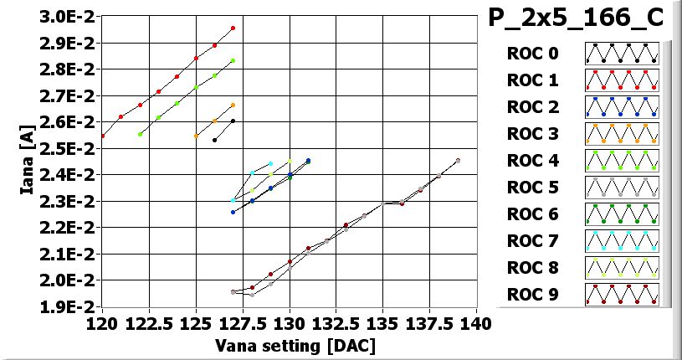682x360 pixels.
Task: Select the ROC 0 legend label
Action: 531,54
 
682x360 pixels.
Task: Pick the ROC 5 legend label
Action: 531,188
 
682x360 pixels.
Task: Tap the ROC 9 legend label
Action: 531,295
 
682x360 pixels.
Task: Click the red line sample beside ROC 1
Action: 622,80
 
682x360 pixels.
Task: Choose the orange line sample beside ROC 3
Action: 622,134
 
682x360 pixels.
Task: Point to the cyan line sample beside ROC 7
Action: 622,241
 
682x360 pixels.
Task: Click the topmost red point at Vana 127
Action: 233,28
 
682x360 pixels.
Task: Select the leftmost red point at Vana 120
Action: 103,136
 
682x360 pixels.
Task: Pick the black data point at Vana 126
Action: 215,140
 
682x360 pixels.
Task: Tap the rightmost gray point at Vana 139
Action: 458,161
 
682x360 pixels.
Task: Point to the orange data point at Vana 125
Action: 196,136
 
